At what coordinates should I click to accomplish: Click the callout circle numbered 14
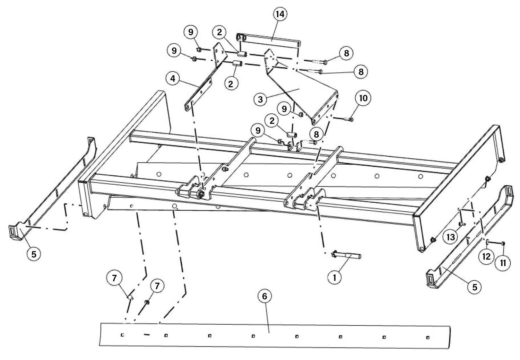[x=280, y=15]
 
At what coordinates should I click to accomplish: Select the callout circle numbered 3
[x=260, y=99]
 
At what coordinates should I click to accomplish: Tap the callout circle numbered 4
[x=173, y=79]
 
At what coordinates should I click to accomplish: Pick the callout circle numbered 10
[x=363, y=98]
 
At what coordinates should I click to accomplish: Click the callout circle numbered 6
[x=265, y=296]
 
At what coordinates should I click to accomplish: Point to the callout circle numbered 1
[x=335, y=277]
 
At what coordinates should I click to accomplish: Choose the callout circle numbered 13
[x=451, y=237]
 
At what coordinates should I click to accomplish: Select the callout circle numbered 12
[x=486, y=256]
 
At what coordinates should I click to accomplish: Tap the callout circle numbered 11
[x=503, y=263]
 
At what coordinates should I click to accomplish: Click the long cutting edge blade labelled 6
[x=275, y=336]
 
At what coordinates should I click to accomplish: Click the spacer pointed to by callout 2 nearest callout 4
[x=237, y=63]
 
